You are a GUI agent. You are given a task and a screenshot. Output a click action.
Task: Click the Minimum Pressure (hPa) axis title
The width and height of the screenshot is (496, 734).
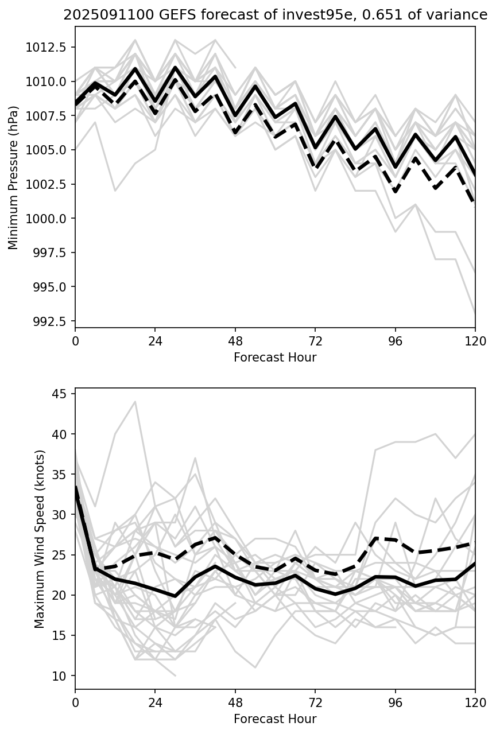(13, 177)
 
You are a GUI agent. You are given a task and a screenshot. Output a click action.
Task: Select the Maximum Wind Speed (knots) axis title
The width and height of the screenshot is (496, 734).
(39, 539)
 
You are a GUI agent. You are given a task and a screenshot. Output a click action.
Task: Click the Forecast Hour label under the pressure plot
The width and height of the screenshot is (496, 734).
(275, 358)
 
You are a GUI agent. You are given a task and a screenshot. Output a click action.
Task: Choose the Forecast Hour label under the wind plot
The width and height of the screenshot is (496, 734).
(275, 719)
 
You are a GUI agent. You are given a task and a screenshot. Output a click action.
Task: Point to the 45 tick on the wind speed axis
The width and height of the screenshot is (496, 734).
(60, 394)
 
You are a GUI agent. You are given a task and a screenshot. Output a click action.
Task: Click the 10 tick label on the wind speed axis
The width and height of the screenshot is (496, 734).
(60, 675)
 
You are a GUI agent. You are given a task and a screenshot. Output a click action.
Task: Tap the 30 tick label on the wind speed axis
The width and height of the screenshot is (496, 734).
(60, 515)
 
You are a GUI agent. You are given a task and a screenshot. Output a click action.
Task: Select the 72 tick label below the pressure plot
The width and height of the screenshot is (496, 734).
(315, 341)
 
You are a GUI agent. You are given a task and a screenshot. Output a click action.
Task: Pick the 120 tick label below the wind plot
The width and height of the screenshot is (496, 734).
(475, 702)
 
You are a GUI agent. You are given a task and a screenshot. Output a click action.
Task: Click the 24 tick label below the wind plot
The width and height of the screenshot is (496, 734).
(155, 702)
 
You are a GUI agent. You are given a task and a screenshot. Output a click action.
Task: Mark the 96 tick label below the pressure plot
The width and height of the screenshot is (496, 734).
(395, 341)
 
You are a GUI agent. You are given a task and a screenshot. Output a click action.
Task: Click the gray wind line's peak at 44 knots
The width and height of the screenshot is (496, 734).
(135, 402)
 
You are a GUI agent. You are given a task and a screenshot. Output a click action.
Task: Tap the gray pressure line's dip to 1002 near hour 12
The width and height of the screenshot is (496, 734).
(115, 191)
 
